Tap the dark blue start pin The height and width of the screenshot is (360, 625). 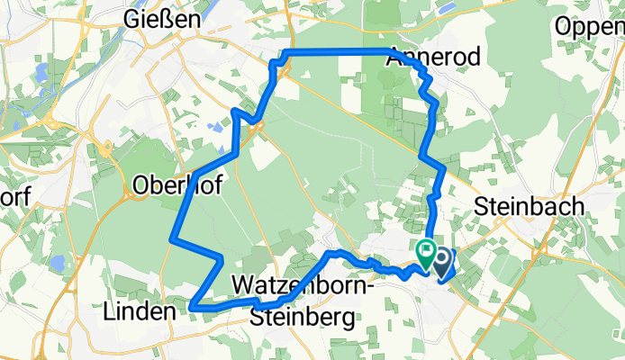(444, 262)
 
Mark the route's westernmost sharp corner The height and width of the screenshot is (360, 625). (172, 239)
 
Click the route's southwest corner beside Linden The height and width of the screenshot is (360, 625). (193, 309)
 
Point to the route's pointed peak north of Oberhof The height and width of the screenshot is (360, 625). (236, 112)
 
